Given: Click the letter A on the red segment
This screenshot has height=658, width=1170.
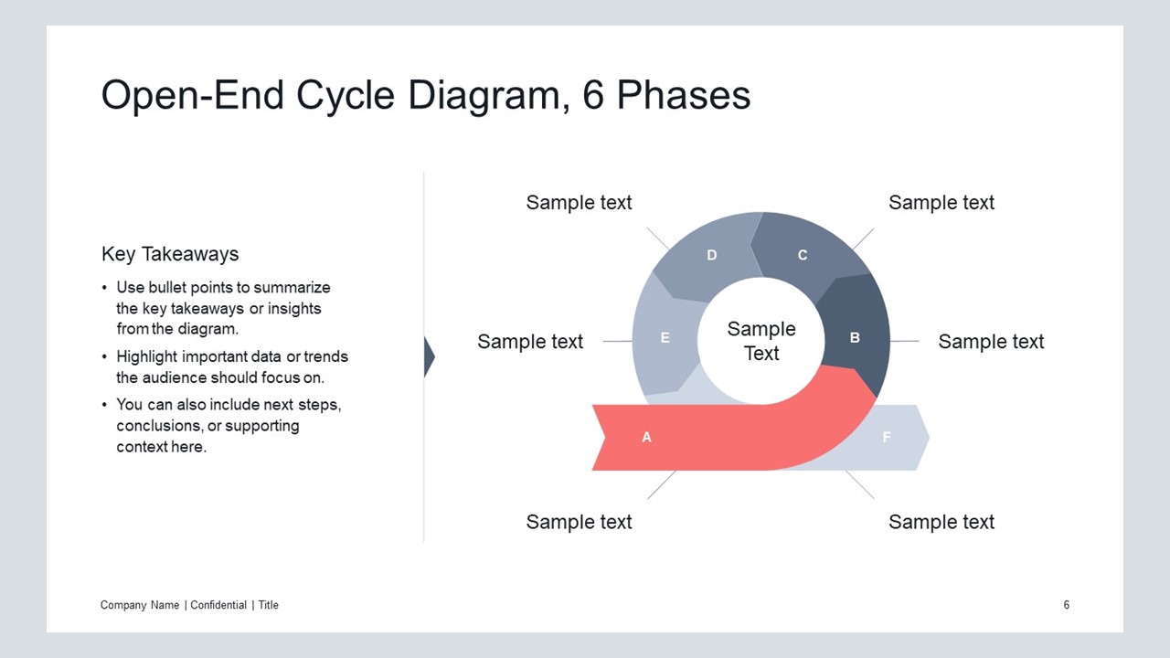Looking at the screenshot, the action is click(646, 437).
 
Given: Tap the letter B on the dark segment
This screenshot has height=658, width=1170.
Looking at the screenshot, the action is click(855, 338).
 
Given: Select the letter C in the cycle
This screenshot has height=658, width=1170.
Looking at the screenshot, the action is click(803, 255).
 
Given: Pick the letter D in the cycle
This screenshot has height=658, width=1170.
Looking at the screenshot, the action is click(712, 255).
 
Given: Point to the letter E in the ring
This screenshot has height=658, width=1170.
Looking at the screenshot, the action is click(665, 338).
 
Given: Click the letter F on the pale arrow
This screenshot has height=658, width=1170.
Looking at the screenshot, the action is click(887, 437).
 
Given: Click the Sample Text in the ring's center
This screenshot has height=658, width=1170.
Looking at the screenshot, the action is click(761, 341).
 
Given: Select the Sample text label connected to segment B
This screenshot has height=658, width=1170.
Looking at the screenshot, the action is click(991, 342).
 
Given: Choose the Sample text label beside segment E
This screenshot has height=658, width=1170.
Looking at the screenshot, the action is click(530, 342).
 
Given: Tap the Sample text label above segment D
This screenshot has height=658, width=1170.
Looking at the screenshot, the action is click(579, 203).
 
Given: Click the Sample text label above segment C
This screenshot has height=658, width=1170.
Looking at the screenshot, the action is click(941, 203).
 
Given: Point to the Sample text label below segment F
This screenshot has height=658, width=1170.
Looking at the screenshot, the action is click(941, 522).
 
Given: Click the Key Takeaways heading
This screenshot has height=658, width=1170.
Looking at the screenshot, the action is click(170, 254).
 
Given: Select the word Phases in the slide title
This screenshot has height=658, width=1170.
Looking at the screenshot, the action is click(683, 95).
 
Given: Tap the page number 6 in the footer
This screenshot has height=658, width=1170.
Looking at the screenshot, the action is click(1066, 605).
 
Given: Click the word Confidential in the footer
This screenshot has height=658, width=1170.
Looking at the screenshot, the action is click(218, 605).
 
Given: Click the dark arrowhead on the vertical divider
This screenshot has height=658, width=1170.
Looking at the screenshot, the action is click(430, 356).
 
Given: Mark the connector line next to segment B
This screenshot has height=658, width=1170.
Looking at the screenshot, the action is click(904, 341).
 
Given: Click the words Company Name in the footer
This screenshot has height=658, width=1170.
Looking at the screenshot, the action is click(140, 605).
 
